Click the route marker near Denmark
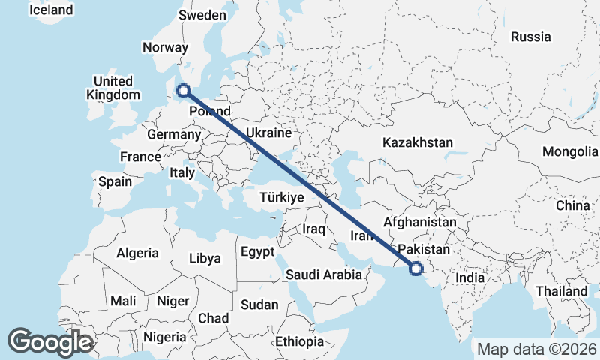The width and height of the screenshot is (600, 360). pyautogui.click(x=183, y=91)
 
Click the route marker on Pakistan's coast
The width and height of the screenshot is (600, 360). pyautogui.click(x=416, y=268)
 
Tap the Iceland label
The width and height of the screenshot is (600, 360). pyautogui.click(x=51, y=10)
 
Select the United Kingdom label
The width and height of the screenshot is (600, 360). pyautogui.click(x=113, y=88)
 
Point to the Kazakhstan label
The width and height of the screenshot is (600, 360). pyautogui.click(x=417, y=142)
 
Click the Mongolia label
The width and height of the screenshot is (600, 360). pyautogui.click(x=569, y=151)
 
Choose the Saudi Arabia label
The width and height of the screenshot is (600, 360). pyautogui.click(x=324, y=274)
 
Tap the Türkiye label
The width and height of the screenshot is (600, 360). pyautogui.click(x=281, y=197)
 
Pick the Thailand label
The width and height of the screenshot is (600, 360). pyautogui.click(x=562, y=290)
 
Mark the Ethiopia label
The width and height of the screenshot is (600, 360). pyautogui.click(x=299, y=341)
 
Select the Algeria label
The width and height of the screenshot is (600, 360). pyautogui.click(x=137, y=253)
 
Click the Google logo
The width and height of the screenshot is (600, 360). pyautogui.click(x=50, y=342)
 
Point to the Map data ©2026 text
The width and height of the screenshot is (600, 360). pyautogui.click(x=536, y=349)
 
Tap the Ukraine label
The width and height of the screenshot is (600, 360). pyautogui.click(x=268, y=133)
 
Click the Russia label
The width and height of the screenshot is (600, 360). pyautogui.click(x=530, y=37)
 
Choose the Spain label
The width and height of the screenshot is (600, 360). pyautogui.click(x=115, y=181)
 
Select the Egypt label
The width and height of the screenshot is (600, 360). pyautogui.click(x=258, y=252)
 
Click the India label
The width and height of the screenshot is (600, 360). pyautogui.click(x=470, y=277)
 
